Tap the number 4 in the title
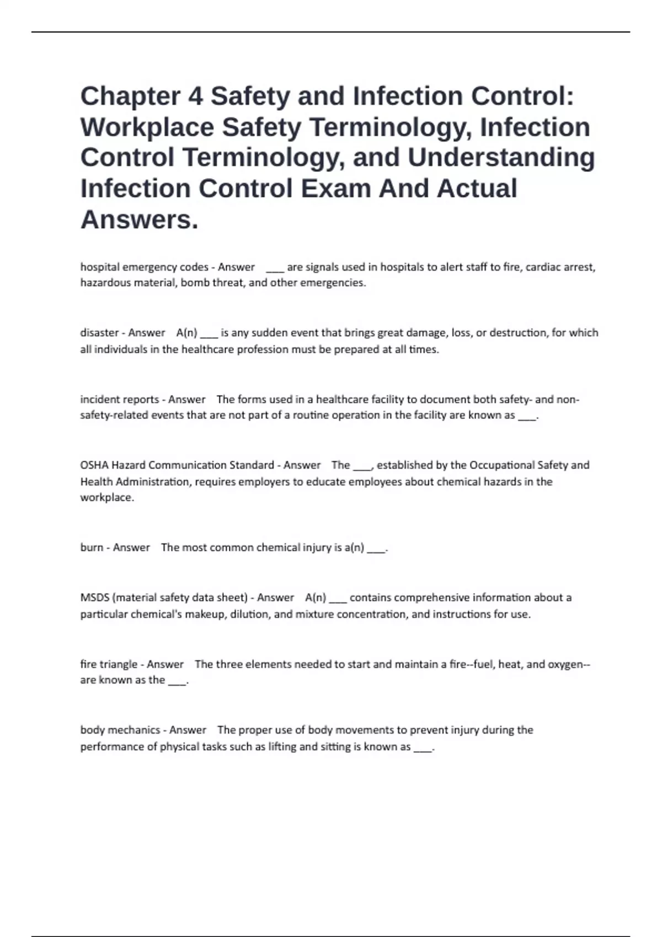pos(195,96)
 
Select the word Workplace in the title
pos(147,127)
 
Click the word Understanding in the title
pos(501,158)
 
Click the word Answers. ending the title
pos(139,219)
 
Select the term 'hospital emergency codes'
pos(145,267)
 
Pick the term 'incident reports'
pos(120,399)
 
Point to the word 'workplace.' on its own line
pos(107,497)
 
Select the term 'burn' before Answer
pos(92,547)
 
